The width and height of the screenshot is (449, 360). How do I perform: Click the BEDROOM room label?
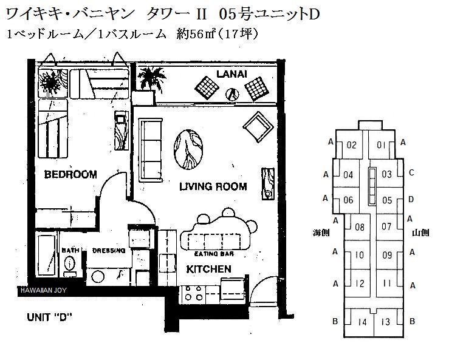(x=70, y=174)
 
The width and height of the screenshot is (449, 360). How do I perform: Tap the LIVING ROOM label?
(x=213, y=186)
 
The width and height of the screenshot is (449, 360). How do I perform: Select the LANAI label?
(x=231, y=74)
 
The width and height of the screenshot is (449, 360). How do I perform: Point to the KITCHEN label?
(x=209, y=269)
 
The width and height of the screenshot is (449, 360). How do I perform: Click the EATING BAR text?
(x=214, y=254)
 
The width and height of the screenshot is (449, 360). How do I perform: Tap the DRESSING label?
(x=109, y=251)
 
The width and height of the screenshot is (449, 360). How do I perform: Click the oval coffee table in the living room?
(x=188, y=149)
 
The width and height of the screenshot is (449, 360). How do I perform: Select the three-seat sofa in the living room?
(x=151, y=150)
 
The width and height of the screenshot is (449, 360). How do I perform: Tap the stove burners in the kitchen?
(x=193, y=293)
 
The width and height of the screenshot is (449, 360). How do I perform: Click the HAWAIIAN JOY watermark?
(x=44, y=290)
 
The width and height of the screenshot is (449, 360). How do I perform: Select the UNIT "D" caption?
(x=49, y=317)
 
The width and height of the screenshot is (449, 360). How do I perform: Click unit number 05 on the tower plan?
(x=387, y=200)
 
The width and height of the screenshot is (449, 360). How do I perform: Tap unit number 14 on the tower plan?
(x=362, y=322)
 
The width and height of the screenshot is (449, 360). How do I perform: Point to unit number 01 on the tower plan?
(x=381, y=145)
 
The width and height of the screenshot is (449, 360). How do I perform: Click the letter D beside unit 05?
(x=411, y=199)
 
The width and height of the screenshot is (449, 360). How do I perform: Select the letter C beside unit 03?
(x=411, y=172)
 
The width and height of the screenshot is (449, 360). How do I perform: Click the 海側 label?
(x=321, y=233)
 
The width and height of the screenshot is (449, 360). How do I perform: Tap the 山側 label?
(x=420, y=233)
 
